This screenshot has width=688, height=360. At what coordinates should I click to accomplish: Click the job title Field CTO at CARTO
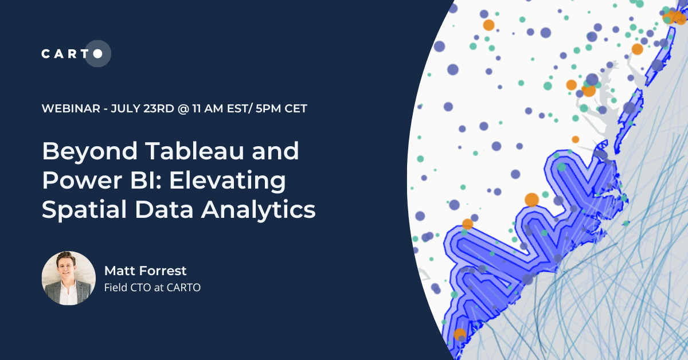click(153, 288)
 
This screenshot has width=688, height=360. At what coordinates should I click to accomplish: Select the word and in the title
click(278, 152)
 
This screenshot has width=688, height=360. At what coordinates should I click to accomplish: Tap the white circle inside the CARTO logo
click(97, 54)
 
